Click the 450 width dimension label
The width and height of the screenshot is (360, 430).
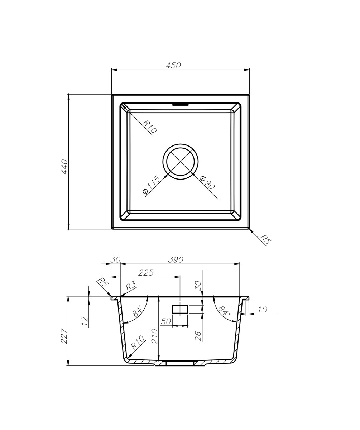tap(173, 66)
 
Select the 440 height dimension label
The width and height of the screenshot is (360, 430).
tap(64, 167)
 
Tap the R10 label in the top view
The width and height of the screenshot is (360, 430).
tap(149, 127)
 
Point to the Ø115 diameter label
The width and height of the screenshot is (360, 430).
tap(151, 185)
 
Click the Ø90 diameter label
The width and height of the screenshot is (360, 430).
tap(207, 182)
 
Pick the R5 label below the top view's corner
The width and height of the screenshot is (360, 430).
tap(265, 239)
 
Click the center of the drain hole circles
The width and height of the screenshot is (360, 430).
tap(180, 162)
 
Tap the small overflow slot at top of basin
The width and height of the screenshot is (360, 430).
tap(180, 105)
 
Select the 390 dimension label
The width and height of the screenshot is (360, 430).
tap(176, 260)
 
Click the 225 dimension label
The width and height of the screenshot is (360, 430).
tap(146, 273)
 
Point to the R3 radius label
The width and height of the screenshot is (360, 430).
tap(131, 286)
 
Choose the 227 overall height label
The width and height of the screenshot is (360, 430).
tap(64, 336)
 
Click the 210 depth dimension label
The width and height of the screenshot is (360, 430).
tap(154, 336)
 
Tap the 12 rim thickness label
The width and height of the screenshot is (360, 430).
tap(85, 321)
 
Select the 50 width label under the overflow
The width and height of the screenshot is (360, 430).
tap(165, 322)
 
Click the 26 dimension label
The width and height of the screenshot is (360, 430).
tap(198, 336)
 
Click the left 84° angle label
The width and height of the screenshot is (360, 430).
tap(137, 311)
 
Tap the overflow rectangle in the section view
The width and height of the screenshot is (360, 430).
tap(180, 309)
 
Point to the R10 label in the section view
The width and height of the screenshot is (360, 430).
tap(137, 342)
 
